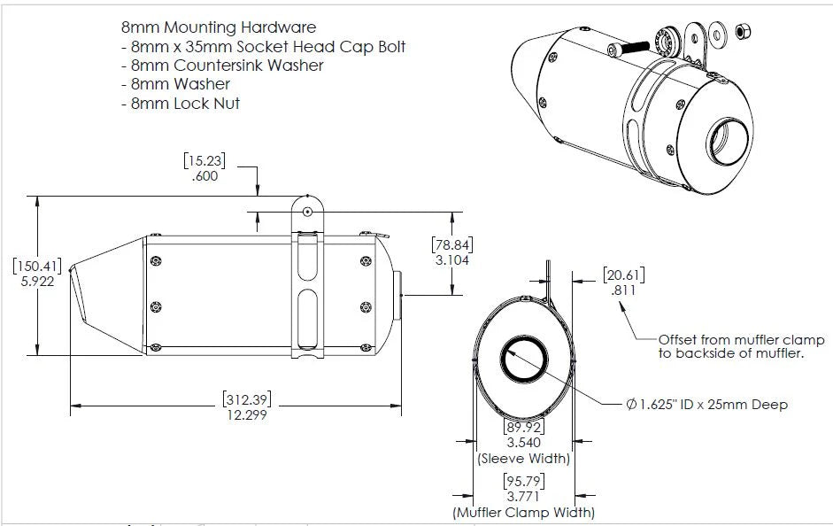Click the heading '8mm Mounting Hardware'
click(218, 28)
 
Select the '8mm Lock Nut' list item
click(180, 103)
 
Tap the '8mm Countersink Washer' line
click(221, 66)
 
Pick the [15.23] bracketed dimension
click(205, 161)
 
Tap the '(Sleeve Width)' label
click(523, 459)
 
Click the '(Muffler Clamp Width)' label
click(523, 512)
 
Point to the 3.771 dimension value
click(523, 496)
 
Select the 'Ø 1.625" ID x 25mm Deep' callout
click(706, 404)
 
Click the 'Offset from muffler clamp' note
click(742, 340)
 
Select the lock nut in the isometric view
click(744, 33)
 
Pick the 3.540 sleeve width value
click(523, 443)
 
